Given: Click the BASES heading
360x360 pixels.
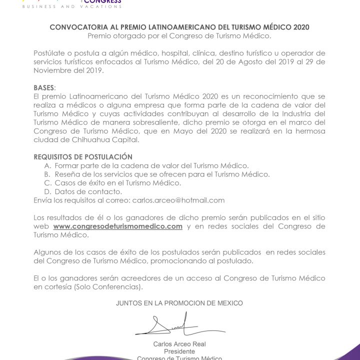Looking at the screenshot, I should (43, 87).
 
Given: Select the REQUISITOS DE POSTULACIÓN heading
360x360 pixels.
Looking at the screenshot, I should (76, 157).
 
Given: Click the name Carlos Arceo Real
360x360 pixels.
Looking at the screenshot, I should (179, 344).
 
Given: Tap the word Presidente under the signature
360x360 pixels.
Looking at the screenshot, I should (179, 351).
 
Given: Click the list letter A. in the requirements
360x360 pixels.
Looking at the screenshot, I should (48, 165).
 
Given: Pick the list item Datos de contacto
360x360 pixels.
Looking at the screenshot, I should (88, 191).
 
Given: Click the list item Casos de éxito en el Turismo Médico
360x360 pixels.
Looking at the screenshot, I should (117, 183).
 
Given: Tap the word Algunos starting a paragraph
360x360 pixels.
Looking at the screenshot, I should (48, 252).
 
